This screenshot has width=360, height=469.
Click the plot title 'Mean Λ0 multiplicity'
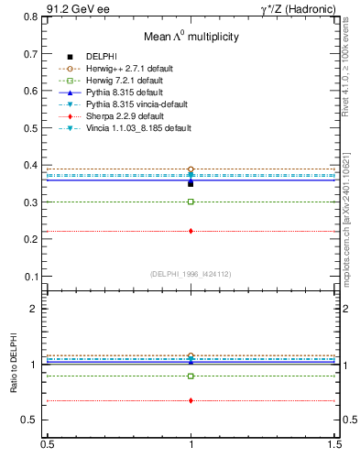coord(191,37)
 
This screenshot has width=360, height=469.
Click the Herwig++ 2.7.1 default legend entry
coord(136,69)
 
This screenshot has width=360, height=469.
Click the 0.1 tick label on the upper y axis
coord(31,276)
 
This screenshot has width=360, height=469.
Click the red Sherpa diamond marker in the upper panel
coord(191,231)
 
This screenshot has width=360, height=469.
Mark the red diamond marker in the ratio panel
coord(191,400)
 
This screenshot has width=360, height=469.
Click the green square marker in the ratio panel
coord(191,376)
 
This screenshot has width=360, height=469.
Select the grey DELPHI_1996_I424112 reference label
coord(191,274)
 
